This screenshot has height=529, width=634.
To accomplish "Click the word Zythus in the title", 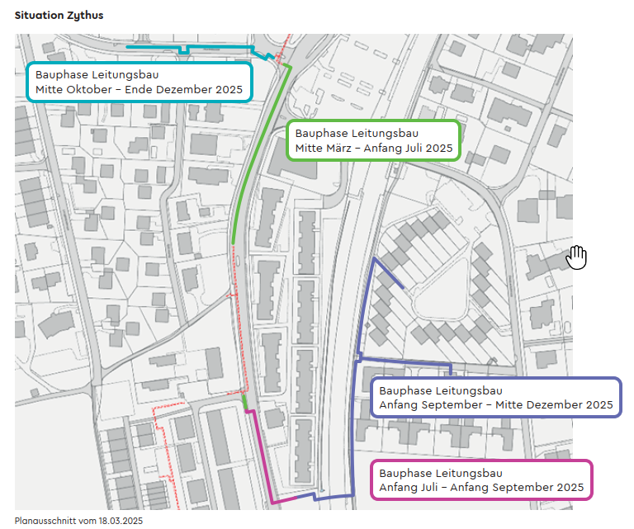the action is tap(85, 16).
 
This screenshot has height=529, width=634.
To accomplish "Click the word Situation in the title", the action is tap(40, 16).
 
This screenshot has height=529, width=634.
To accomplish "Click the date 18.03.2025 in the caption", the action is tap(121, 521).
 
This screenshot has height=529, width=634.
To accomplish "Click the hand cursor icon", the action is tap(576, 257).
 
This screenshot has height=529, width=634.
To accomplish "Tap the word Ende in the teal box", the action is tap(139, 89).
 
